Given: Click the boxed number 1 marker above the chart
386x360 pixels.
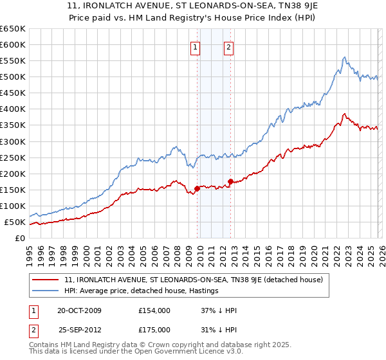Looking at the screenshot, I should [194, 46].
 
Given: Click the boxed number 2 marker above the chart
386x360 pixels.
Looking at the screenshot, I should [228, 46].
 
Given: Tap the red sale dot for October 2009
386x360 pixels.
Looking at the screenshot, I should [197, 188].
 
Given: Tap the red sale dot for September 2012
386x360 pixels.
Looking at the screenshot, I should [230, 181].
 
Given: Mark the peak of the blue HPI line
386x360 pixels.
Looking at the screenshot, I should [345, 57].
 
